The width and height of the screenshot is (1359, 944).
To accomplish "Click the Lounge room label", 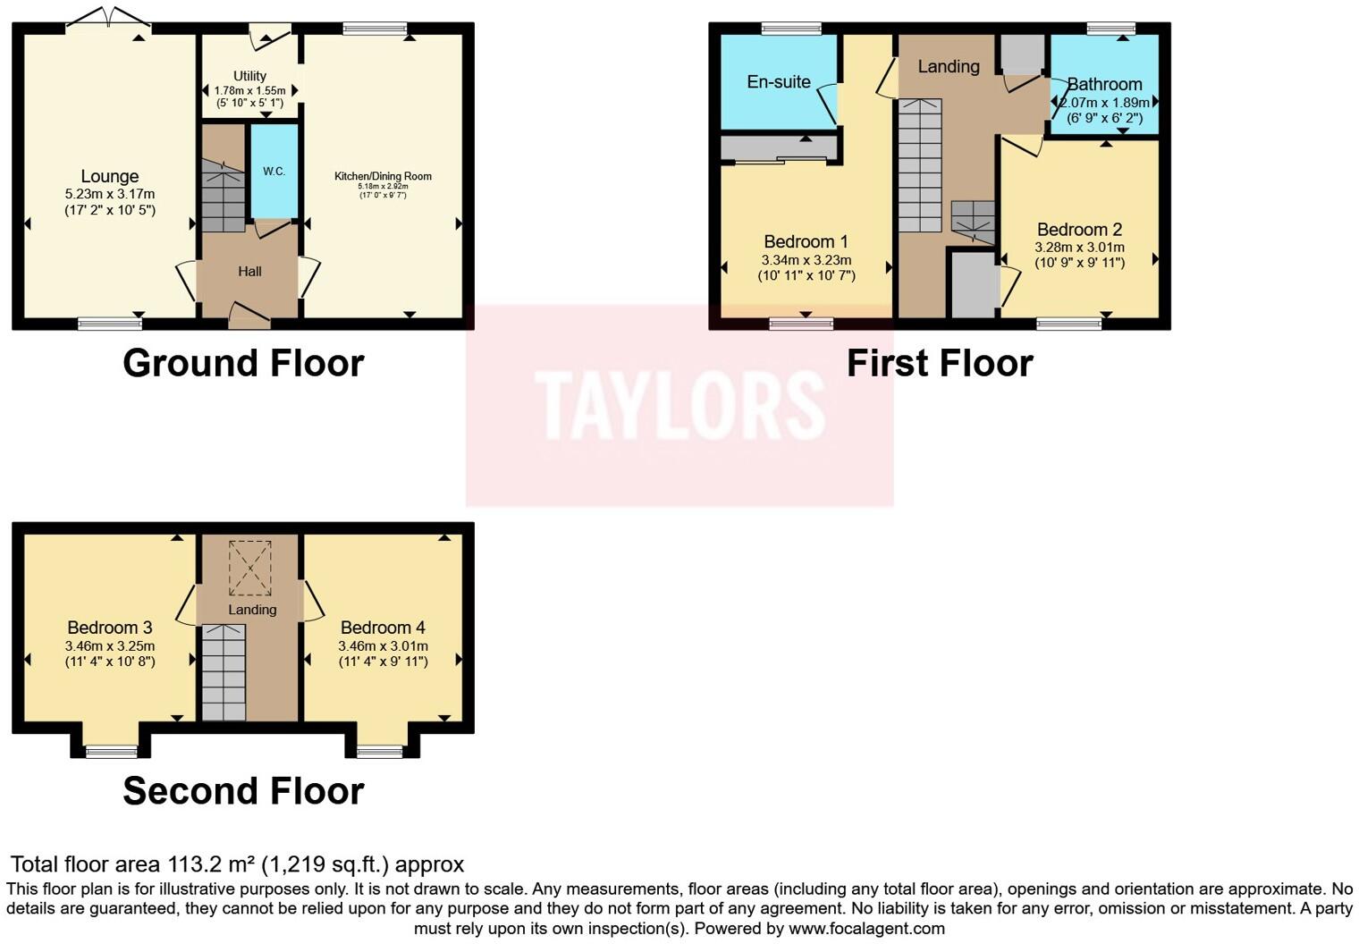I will (109, 176).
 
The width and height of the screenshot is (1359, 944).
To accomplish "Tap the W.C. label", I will (274, 171).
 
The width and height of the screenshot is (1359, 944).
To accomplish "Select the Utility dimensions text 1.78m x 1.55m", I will (249, 90).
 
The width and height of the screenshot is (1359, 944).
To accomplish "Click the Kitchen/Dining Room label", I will (383, 176).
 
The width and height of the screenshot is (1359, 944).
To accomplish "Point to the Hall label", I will (249, 271).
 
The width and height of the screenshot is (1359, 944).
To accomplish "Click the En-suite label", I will (779, 81).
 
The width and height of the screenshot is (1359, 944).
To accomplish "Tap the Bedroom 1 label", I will (806, 241).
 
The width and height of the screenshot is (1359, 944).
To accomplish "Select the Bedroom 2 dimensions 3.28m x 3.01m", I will (1079, 247).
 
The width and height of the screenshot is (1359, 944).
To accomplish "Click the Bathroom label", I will (1104, 84).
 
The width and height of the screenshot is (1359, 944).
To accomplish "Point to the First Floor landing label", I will (949, 66).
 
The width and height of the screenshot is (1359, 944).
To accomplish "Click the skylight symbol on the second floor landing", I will (249, 568).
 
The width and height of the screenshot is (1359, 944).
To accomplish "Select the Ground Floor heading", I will (243, 363).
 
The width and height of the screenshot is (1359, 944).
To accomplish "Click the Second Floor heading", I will (243, 791).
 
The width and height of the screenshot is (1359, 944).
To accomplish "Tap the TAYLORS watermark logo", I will (679, 405).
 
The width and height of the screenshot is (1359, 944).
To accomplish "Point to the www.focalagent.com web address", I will (866, 928).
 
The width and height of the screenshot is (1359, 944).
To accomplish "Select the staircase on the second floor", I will (223, 672).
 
